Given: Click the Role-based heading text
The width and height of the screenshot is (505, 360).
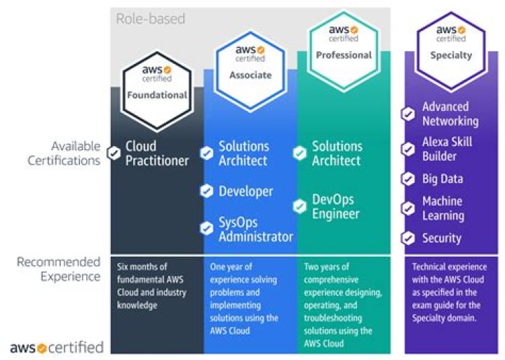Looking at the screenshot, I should [150, 18].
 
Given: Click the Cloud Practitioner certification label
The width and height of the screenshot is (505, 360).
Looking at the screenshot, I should [156, 154].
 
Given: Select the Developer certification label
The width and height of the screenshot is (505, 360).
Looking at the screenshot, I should [245, 191].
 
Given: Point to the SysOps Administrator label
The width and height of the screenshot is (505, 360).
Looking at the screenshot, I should [255, 229].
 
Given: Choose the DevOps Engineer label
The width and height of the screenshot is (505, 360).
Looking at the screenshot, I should [335, 207].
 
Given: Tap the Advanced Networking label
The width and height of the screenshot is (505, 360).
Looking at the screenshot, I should [450, 114].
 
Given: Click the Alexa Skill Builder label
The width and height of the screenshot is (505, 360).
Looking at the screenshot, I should [447, 149].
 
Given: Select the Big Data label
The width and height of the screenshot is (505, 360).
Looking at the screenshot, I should [442, 179].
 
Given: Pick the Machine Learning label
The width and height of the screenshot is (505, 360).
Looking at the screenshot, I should [443, 208].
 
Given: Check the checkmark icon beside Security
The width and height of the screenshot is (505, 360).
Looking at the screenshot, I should [408, 238].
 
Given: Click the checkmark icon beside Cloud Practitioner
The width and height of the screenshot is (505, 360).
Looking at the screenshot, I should [114, 153].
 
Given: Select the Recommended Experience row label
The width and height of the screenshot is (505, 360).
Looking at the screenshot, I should [59, 269].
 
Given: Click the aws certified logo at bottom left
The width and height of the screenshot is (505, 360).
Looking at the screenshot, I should [56, 347].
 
